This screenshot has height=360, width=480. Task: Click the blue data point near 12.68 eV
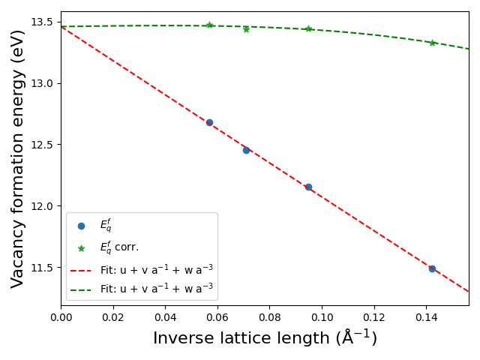[x=209, y=122]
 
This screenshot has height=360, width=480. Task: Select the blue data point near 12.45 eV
[x=246, y=150]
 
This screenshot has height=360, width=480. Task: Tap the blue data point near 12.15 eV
[x=308, y=187]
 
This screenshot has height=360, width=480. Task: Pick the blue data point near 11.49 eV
[x=432, y=268]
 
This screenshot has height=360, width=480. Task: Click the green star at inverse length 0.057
[x=209, y=25]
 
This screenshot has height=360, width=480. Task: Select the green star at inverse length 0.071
[x=246, y=29]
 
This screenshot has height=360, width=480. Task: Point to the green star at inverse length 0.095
[x=308, y=29]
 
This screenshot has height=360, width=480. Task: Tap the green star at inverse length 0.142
[x=432, y=43]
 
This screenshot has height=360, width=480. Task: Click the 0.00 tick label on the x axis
[x=61, y=318]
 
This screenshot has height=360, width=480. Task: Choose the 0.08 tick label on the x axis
[x=269, y=318]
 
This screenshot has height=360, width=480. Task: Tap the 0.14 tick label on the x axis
[x=426, y=318]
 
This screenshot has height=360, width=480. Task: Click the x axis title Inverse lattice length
[x=265, y=339]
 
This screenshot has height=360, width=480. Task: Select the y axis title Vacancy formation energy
[x=18, y=158]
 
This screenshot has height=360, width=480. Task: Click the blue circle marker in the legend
[x=81, y=226]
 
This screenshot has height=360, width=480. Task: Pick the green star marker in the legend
[x=81, y=247]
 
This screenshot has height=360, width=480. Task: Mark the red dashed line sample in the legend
[x=81, y=268]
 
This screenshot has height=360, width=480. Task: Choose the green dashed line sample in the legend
[x=81, y=288]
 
